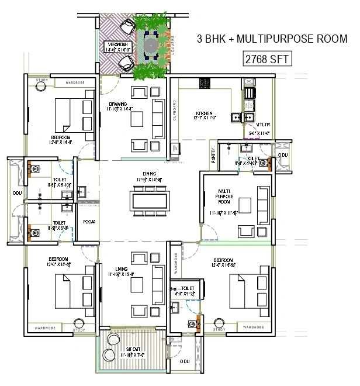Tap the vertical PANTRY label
click(x=213, y=156)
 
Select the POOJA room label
click(x=89, y=222)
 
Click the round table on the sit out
click(x=109, y=354)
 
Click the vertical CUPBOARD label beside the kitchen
click(x=173, y=115)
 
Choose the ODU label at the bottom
click(x=185, y=361)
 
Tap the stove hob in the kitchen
click(x=250, y=92)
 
